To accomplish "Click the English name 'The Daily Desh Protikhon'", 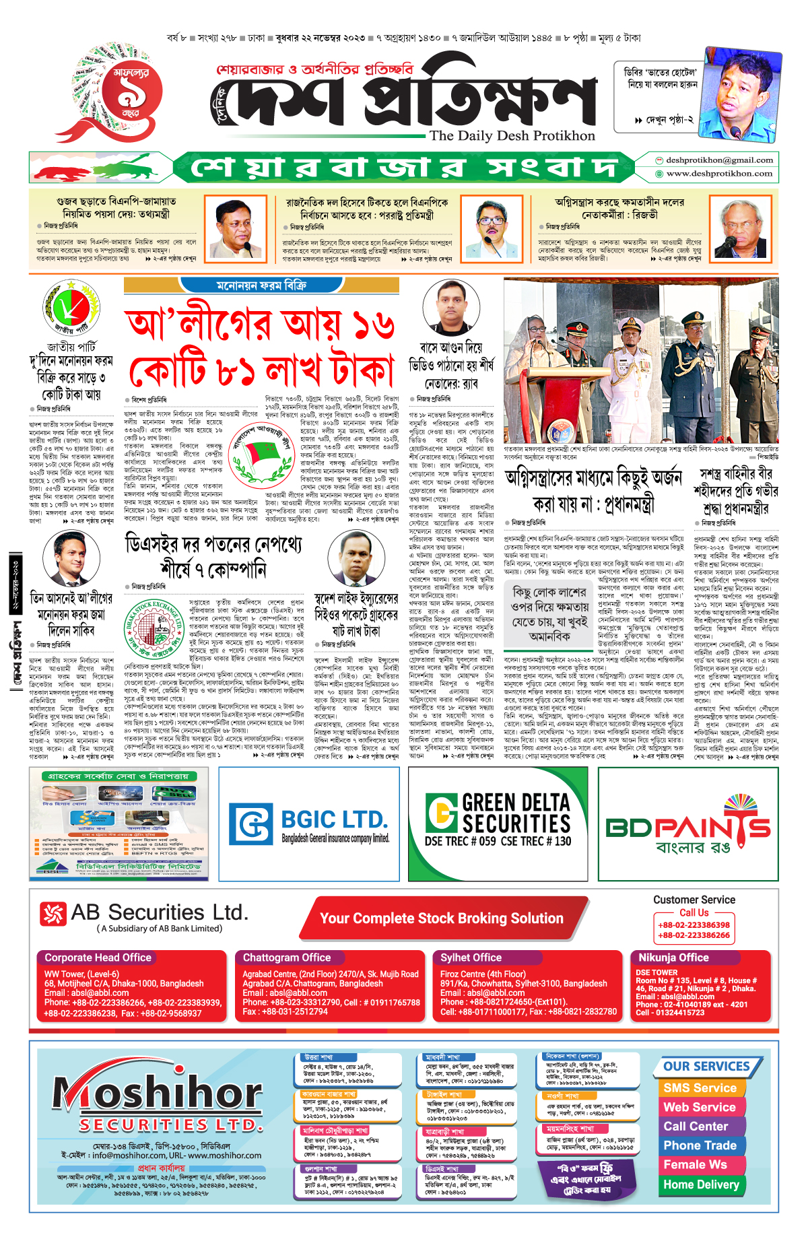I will pos(512,135).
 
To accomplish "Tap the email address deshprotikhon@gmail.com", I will pos(719,160).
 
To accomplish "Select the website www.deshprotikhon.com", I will pos(719,174).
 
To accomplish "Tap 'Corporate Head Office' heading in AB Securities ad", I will pos(98,958).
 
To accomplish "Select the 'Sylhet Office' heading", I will pos(471,958).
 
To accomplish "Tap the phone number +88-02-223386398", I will pos(694,925).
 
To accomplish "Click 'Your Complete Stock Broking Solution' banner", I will pos(441,918).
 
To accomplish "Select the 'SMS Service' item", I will pos(700,1088).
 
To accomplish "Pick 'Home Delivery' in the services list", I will pos(701,1184).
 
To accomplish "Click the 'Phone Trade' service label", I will pos(700,1145).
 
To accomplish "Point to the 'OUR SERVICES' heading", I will pos(706,1067).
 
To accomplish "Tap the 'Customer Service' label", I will pos(694,900).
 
